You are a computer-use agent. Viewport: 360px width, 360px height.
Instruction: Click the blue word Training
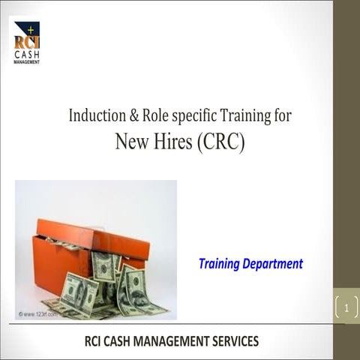[220, 264]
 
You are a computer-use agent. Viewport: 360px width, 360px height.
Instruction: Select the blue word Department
[273, 265]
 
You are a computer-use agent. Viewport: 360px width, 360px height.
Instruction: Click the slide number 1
[346, 307]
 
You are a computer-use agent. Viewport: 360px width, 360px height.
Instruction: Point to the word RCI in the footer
[96, 341]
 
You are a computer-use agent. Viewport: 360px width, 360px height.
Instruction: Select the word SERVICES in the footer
[235, 341]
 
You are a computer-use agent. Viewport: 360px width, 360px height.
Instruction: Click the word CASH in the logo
[27, 54]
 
